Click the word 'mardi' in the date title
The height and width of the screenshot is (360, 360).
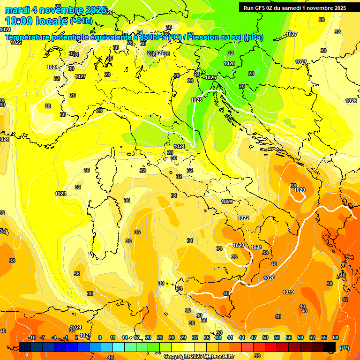(17, 10)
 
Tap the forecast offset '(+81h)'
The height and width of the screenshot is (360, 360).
(81, 21)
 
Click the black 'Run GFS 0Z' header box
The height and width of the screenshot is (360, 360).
(295, 7)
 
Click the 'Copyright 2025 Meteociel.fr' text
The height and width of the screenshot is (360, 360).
(199, 356)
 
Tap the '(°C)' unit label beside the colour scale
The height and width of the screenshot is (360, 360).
(344, 348)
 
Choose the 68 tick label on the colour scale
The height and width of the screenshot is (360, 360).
(336, 337)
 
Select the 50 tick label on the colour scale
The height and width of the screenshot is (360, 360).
(265, 337)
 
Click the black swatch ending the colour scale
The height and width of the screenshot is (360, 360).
(330, 347)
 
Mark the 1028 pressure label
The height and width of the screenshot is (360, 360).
(229, 63)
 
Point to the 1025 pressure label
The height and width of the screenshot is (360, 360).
(196, 100)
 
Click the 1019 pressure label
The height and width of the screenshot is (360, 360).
(288, 292)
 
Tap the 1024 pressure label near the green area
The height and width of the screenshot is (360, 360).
(179, 146)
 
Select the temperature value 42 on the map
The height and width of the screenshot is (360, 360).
(345, 299)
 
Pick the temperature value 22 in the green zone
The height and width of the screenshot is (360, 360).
(230, 53)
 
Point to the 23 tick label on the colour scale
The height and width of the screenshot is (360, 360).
(160, 337)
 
